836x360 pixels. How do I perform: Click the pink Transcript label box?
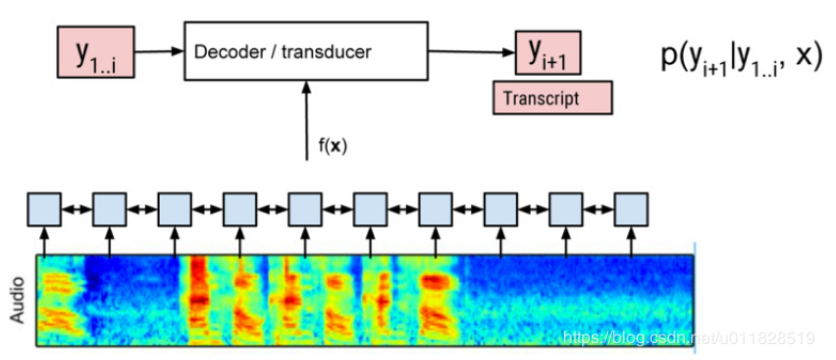(x=551, y=98)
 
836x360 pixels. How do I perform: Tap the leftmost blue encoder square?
(x=45, y=210)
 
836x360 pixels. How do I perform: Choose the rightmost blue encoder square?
(x=631, y=210)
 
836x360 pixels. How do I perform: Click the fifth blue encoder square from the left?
(x=305, y=210)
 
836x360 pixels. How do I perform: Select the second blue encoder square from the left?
(x=110, y=210)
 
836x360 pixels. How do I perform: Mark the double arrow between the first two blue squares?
(x=77, y=210)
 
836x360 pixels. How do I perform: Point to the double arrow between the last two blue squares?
(x=599, y=210)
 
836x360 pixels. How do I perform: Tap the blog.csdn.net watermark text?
(x=690, y=339)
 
